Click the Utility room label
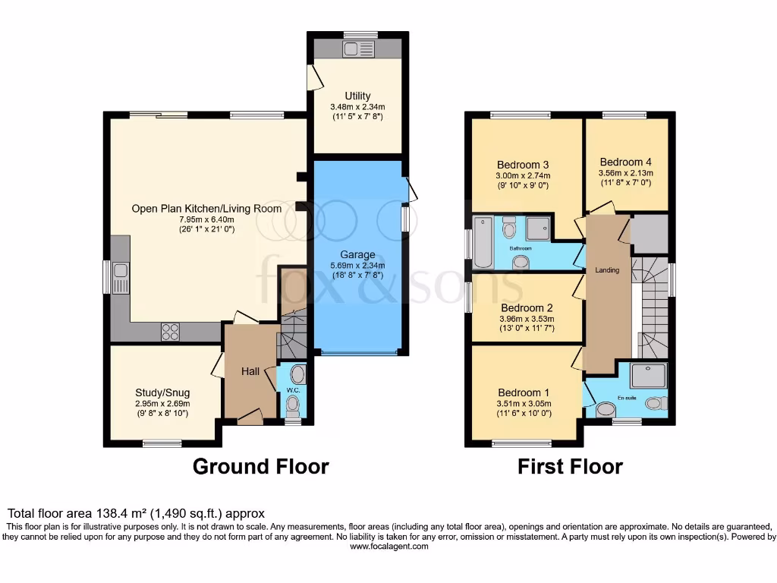coord(357,96)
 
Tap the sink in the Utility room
coord(355,49)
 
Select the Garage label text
coord(357,255)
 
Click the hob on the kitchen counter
coord(170,332)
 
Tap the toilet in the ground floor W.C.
coord(293,405)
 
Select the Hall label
coord(250,371)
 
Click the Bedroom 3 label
coord(523,165)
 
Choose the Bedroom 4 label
coord(625,162)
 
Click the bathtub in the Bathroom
coord(483,241)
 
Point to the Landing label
coord(607,269)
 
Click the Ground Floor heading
coord(260,466)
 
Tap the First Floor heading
coord(570,466)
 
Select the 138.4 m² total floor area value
coord(119,514)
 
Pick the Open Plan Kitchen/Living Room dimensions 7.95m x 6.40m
coord(206,219)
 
